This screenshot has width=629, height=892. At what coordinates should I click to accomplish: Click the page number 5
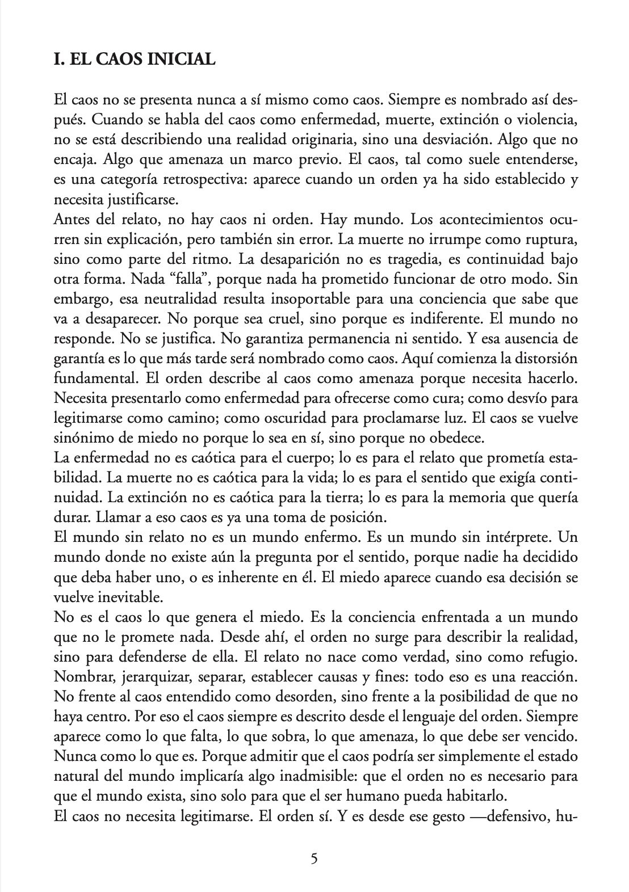pos(314,858)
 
